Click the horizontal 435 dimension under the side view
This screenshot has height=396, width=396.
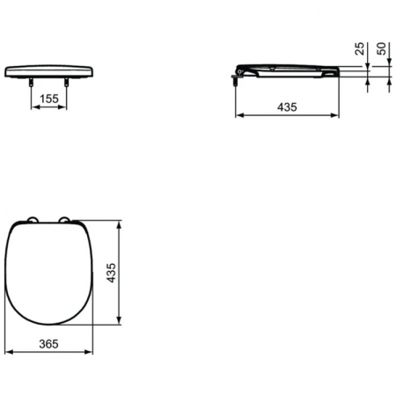coord(287,106)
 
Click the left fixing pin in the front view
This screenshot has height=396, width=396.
coord(31,82)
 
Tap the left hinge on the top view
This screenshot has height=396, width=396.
coord(33,220)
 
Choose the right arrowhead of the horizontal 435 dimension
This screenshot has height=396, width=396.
coord(338,115)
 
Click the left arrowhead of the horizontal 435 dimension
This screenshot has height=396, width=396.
coord(237,115)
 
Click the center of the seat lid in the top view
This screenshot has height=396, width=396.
coord(49,273)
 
